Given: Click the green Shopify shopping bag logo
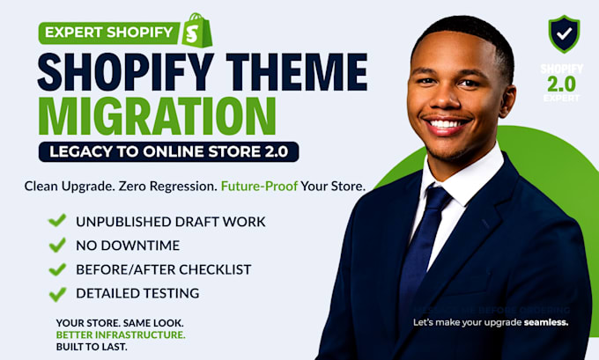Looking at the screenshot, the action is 197,31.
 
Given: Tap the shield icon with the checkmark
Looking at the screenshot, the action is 564,33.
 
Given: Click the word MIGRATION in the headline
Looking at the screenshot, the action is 157,116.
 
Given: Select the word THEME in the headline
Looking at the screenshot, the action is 296,72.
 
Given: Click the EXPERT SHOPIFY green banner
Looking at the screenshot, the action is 109,33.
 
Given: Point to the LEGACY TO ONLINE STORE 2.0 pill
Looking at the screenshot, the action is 168,151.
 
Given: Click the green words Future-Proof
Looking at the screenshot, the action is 259,186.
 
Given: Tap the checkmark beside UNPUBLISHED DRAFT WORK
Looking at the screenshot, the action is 57,220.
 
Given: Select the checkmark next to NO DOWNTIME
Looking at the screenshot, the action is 57,245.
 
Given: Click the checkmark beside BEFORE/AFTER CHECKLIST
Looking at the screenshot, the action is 57,269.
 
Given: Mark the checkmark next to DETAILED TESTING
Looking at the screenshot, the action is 57,294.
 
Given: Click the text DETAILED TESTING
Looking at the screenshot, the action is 137,293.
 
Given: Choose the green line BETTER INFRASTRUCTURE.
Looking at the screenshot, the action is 121,334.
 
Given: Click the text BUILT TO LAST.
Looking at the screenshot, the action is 92,347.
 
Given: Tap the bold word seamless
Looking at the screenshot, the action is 546,322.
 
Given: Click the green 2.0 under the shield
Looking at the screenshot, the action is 562,84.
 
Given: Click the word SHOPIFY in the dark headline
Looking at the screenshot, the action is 126,72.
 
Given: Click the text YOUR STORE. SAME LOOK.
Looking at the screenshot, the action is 120,323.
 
